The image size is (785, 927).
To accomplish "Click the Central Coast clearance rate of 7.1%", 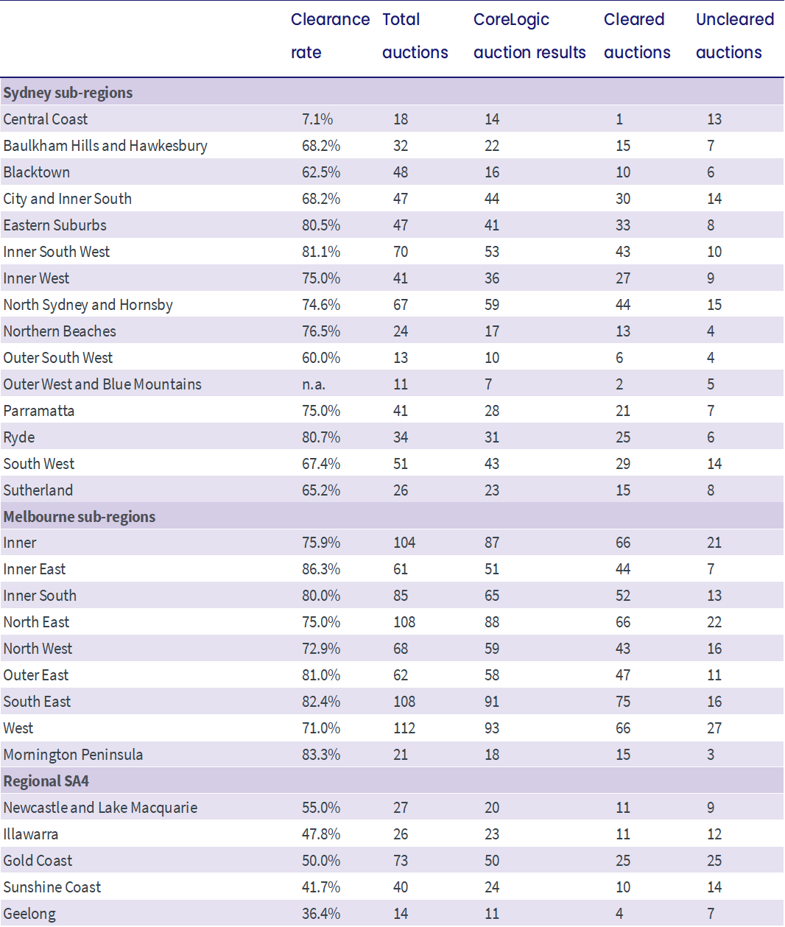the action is pyautogui.click(x=317, y=119).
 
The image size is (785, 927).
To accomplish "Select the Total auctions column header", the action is pyautogui.click(x=415, y=36).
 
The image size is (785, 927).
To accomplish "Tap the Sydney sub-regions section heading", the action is pyautogui.click(x=68, y=93).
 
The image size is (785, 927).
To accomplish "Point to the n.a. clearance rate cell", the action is pyautogui.click(x=314, y=384).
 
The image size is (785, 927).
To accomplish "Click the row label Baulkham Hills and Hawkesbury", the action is pyautogui.click(x=105, y=146).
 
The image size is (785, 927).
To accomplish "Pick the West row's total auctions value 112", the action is pyautogui.click(x=404, y=728).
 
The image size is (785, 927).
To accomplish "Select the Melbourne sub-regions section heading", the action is pyautogui.click(x=80, y=517).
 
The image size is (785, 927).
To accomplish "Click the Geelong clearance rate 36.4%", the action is pyautogui.click(x=321, y=914).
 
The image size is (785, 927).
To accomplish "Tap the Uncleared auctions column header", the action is pyautogui.click(x=735, y=36).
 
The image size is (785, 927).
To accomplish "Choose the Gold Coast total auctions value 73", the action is pyautogui.click(x=401, y=861).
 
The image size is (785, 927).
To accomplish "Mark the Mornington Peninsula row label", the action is pyautogui.click(x=73, y=755).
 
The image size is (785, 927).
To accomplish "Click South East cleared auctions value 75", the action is pyautogui.click(x=623, y=702).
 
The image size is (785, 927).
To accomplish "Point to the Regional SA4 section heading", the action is pyautogui.click(x=46, y=781).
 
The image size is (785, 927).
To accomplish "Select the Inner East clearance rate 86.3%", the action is pyautogui.click(x=321, y=569).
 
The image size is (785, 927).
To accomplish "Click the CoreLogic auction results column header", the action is pyautogui.click(x=529, y=36).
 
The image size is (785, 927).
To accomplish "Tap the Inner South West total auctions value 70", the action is pyautogui.click(x=401, y=252).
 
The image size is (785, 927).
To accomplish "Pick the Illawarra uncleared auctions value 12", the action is pyautogui.click(x=714, y=834).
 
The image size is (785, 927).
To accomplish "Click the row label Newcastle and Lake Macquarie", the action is pyautogui.click(x=100, y=808).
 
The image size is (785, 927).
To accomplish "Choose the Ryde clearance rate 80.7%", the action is pyautogui.click(x=321, y=437).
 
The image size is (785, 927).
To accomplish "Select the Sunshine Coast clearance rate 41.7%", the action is pyautogui.click(x=321, y=887).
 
